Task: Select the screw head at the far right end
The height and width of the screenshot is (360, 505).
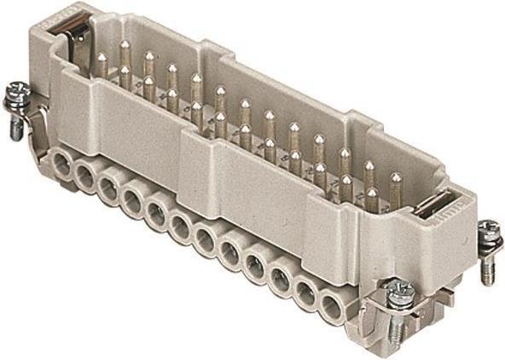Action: point(488,231)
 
